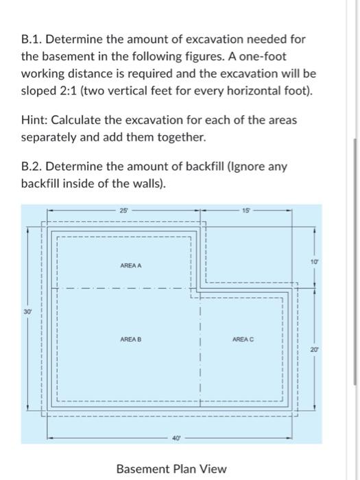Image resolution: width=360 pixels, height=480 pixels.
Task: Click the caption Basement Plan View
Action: point(171,469)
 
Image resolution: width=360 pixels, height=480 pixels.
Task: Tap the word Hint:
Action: point(35,120)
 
